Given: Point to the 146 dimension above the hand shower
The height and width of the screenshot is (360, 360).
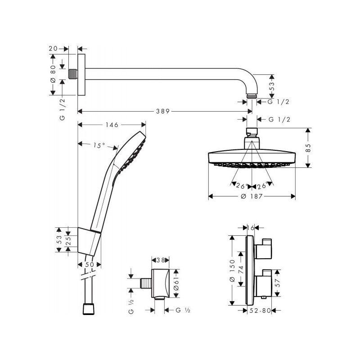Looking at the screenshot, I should [112, 125].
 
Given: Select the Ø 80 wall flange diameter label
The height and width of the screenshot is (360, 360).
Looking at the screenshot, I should [53, 74].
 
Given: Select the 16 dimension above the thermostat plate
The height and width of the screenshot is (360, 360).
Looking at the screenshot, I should [251, 229].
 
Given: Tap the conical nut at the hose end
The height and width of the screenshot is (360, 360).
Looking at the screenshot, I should [89, 310].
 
